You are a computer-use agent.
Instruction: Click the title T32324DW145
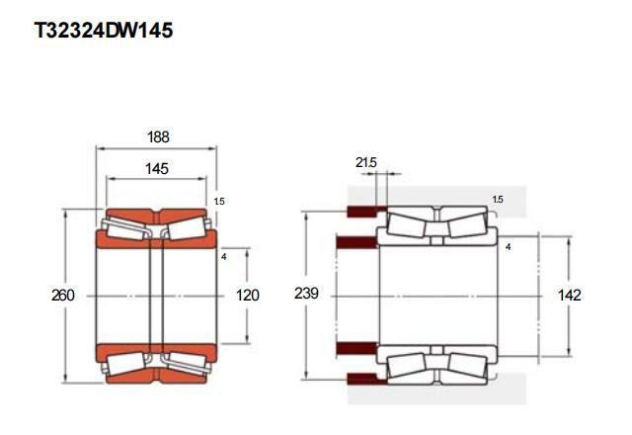click(104, 31)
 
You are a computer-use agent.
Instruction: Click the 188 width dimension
click(158, 137)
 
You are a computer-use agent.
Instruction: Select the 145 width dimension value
click(157, 169)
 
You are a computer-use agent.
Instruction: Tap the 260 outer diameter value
click(63, 296)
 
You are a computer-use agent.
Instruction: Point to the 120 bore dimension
click(247, 296)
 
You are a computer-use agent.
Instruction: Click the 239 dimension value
click(306, 294)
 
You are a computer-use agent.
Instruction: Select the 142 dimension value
click(569, 296)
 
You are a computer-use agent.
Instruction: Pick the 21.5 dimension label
click(366, 162)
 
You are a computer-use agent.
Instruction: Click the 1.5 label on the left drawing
click(219, 201)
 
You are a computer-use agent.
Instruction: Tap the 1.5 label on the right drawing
click(498, 200)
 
